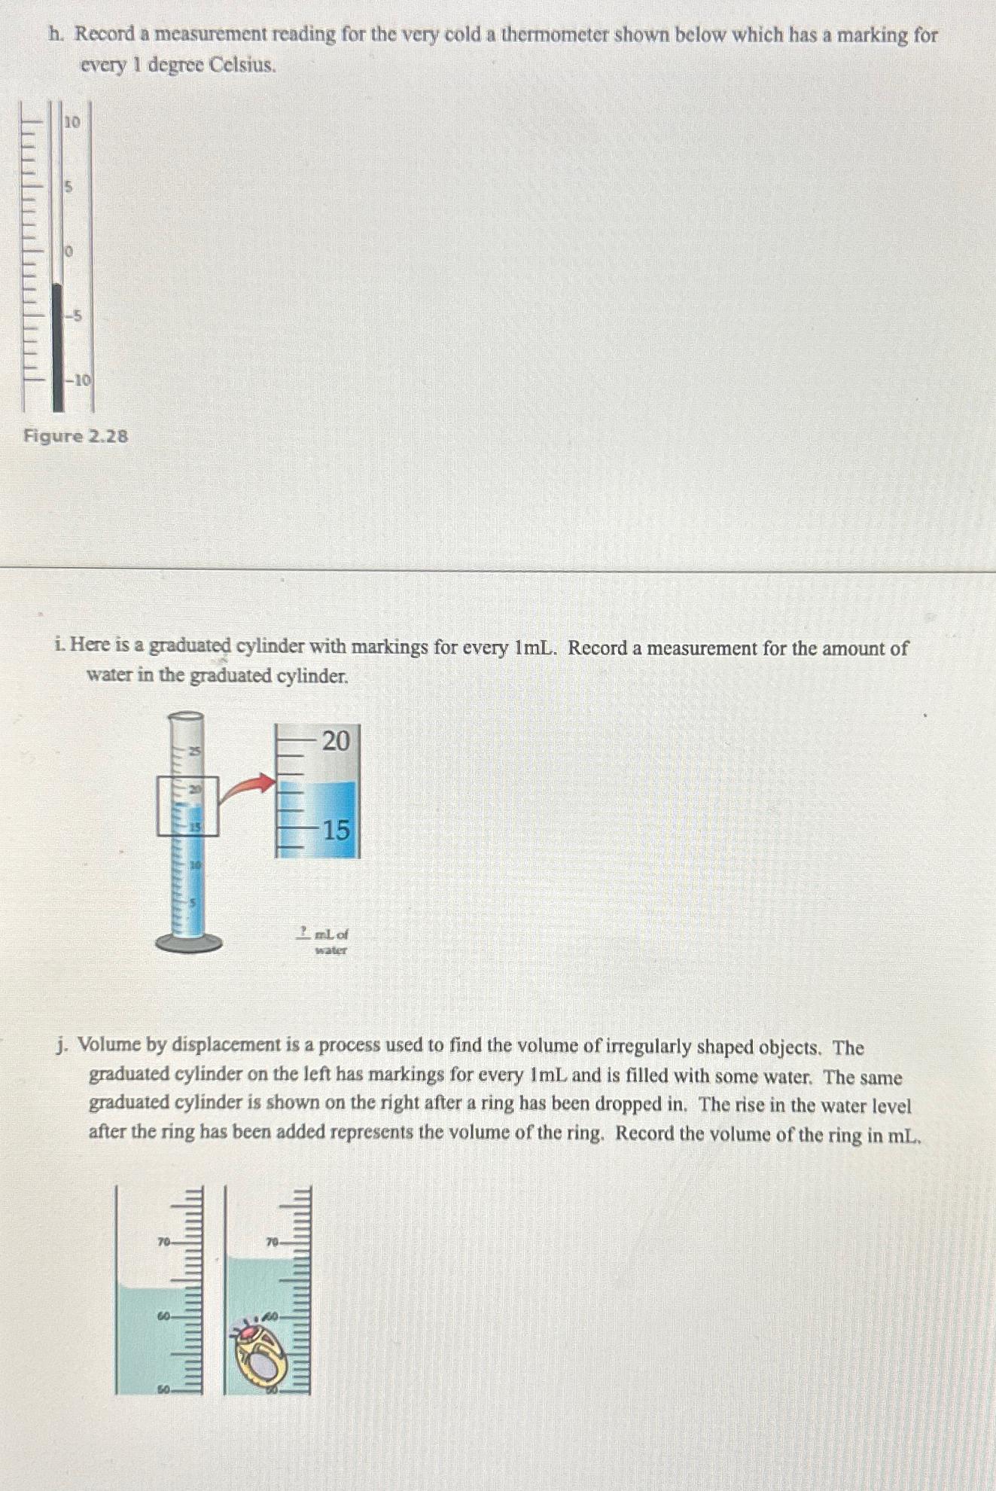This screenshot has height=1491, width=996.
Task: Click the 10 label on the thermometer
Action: [72, 121]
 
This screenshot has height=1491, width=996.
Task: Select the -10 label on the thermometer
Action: [78, 380]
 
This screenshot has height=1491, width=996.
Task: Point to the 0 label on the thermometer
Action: [68, 251]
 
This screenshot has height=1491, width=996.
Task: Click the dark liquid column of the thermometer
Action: [58, 346]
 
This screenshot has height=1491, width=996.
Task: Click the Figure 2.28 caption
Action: [75, 436]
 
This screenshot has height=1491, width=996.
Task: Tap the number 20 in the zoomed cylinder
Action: [336, 741]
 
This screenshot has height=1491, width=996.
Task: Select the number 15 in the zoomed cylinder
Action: [336, 830]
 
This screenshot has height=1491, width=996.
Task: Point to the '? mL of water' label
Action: [324, 941]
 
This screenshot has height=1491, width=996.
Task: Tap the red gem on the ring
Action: [247, 1332]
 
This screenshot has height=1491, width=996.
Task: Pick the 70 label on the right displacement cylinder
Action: [273, 1241]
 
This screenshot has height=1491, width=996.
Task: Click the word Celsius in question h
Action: [242, 66]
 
